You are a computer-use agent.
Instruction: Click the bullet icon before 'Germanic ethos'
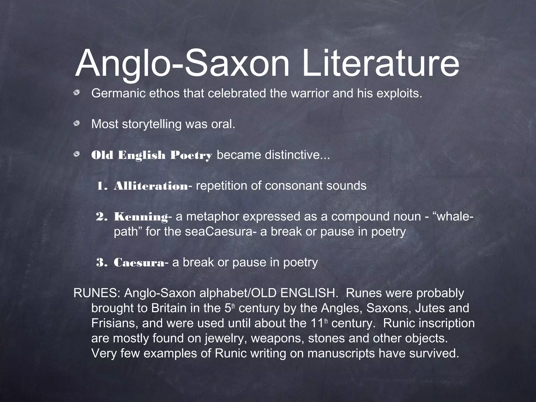click(x=77, y=92)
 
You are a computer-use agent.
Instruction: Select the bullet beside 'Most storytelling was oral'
click(x=77, y=123)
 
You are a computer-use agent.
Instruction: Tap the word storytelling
click(x=152, y=124)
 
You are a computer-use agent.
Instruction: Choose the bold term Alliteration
click(x=151, y=186)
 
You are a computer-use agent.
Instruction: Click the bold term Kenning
click(x=141, y=217)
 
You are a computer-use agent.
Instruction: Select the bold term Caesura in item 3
click(x=139, y=263)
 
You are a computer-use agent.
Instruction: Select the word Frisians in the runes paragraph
click(x=114, y=323)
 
